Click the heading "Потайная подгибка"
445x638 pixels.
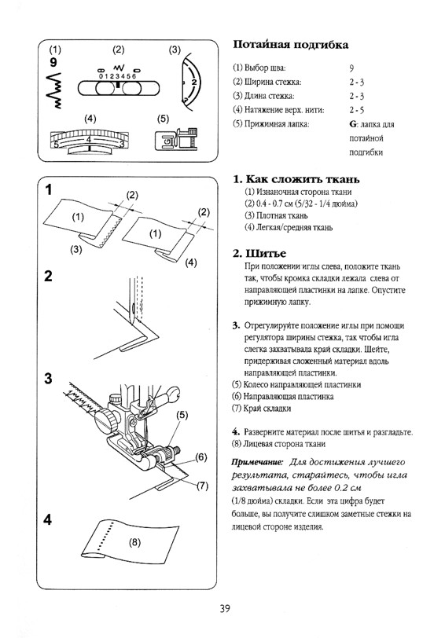tap(290, 44)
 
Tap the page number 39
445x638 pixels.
tap(225, 609)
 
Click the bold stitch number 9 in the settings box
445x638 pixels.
tap(53, 63)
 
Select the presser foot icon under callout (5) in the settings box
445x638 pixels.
tap(176, 139)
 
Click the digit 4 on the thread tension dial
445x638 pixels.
tap(88, 141)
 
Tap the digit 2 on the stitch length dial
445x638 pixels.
tap(193, 82)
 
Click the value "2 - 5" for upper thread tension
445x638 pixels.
tap(357, 110)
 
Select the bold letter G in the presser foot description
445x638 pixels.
tap(352, 124)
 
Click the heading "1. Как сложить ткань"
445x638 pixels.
tap(296, 179)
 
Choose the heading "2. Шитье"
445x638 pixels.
tap(259, 254)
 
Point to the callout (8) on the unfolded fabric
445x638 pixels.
tap(134, 542)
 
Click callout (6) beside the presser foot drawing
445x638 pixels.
tap(201, 457)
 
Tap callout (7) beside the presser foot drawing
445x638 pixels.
tap(202, 486)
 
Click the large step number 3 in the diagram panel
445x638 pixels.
tap(49, 379)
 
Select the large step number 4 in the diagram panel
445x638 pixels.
tap(48, 520)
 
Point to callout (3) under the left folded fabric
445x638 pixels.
tap(76, 249)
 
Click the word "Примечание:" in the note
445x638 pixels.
tap(257, 463)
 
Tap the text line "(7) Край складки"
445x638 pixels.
tap(261, 409)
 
